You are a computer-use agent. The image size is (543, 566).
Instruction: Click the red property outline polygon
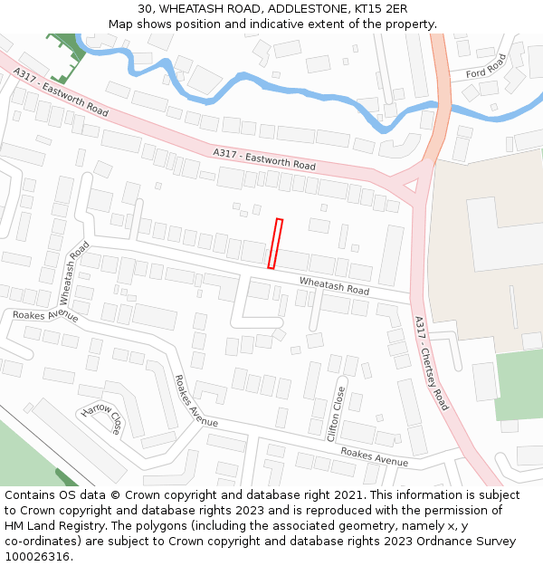tap(275, 244)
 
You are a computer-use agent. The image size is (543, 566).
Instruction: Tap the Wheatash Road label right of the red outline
tap(334, 286)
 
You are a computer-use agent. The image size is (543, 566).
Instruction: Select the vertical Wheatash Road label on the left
tap(74, 273)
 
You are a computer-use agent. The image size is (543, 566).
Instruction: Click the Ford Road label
tap(486, 65)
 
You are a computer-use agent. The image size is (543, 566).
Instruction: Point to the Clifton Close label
tap(338, 413)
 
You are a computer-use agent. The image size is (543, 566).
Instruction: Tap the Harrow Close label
tap(102, 419)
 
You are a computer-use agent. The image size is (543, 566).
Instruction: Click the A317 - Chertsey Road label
tap(431, 362)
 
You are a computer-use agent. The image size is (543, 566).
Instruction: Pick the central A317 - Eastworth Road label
tap(264, 159)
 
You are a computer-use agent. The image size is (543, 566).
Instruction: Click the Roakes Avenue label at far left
tap(45, 316)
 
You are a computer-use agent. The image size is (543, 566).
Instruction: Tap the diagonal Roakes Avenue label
tap(195, 401)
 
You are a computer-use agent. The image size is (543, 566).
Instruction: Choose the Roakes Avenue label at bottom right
tap(374, 456)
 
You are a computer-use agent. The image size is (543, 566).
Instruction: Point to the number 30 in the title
tap(146, 9)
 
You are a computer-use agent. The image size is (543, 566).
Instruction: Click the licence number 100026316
tap(38, 557)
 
